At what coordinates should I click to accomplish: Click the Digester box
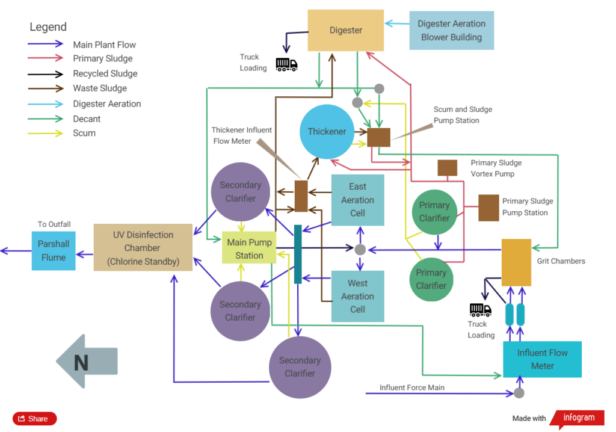(345, 30)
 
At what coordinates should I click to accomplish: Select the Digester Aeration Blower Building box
(451, 30)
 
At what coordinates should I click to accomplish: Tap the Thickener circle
(327, 131)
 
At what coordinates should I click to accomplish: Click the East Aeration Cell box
(357, 200)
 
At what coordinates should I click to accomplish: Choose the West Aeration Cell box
(357, 296)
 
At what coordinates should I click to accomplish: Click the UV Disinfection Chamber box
(143, 248)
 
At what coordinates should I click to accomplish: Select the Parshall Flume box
(54, 251)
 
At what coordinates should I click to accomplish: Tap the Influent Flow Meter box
(542, 359)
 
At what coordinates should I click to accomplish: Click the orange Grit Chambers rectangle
(516, 262)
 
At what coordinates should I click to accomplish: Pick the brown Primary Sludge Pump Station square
(488, 208)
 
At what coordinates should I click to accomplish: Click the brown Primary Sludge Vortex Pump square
(448, 168)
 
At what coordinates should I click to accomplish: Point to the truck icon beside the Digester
(286, 64)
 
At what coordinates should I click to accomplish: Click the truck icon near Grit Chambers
(481, 310)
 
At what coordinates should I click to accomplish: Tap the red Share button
(34, 419)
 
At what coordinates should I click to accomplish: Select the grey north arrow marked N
(87, 361)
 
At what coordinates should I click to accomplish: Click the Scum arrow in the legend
(45, 134)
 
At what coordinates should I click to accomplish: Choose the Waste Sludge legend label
(100, 88)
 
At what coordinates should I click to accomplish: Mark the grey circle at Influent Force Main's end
(519, 393)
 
